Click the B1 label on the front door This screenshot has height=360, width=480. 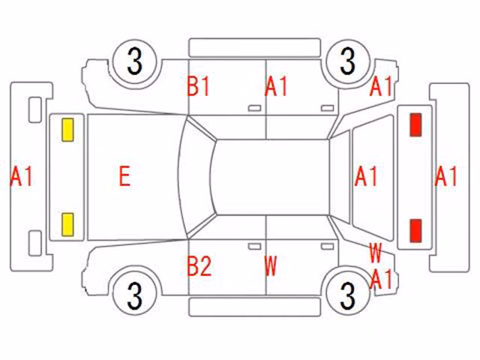pyautogui.click(x=198, y=86)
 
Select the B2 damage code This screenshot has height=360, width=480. pyautogui.click(x=199, y=266)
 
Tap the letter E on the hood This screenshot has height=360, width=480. pyautogui.click(x=124, y=176)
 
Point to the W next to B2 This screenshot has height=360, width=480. pyautogui.click(x=271, y=266)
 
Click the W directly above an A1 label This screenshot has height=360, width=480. pyautogui.click(x=375, y=253)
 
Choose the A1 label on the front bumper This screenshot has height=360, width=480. pyautogui.click(x=22, y=176)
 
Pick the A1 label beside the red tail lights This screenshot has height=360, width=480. pyautogui.click(x=446, y=176)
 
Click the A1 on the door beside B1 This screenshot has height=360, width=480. pyautogui.click(x=276, y=86)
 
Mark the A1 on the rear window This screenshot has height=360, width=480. pyautogui.click(x=366, y=176)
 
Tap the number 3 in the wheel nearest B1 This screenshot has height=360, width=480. pyautogui.click(x=135, y=61)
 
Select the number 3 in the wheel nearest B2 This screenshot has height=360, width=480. pyautogui.click(x=135, y=295)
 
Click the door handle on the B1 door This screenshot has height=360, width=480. pyautogui.click(x=254, y=108)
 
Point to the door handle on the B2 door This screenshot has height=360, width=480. pyautogui.click(x=254, y=247)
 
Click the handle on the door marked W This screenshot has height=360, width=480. pyautogui.click(x=327, y=247)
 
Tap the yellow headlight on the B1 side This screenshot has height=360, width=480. pyautogui.click(x=67, y=130)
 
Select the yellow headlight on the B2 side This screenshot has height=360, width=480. pyautogui.click(x=67, y=225)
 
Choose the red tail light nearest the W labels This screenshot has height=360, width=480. pyautogui.click(x=415, y=229)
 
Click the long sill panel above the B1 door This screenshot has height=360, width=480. pyautogui.click(x=255, y=48)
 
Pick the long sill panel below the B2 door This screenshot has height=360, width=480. pyautogui.click(x=255, y=307)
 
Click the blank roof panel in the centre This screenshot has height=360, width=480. pyautogui.click(x=271, y=177)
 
